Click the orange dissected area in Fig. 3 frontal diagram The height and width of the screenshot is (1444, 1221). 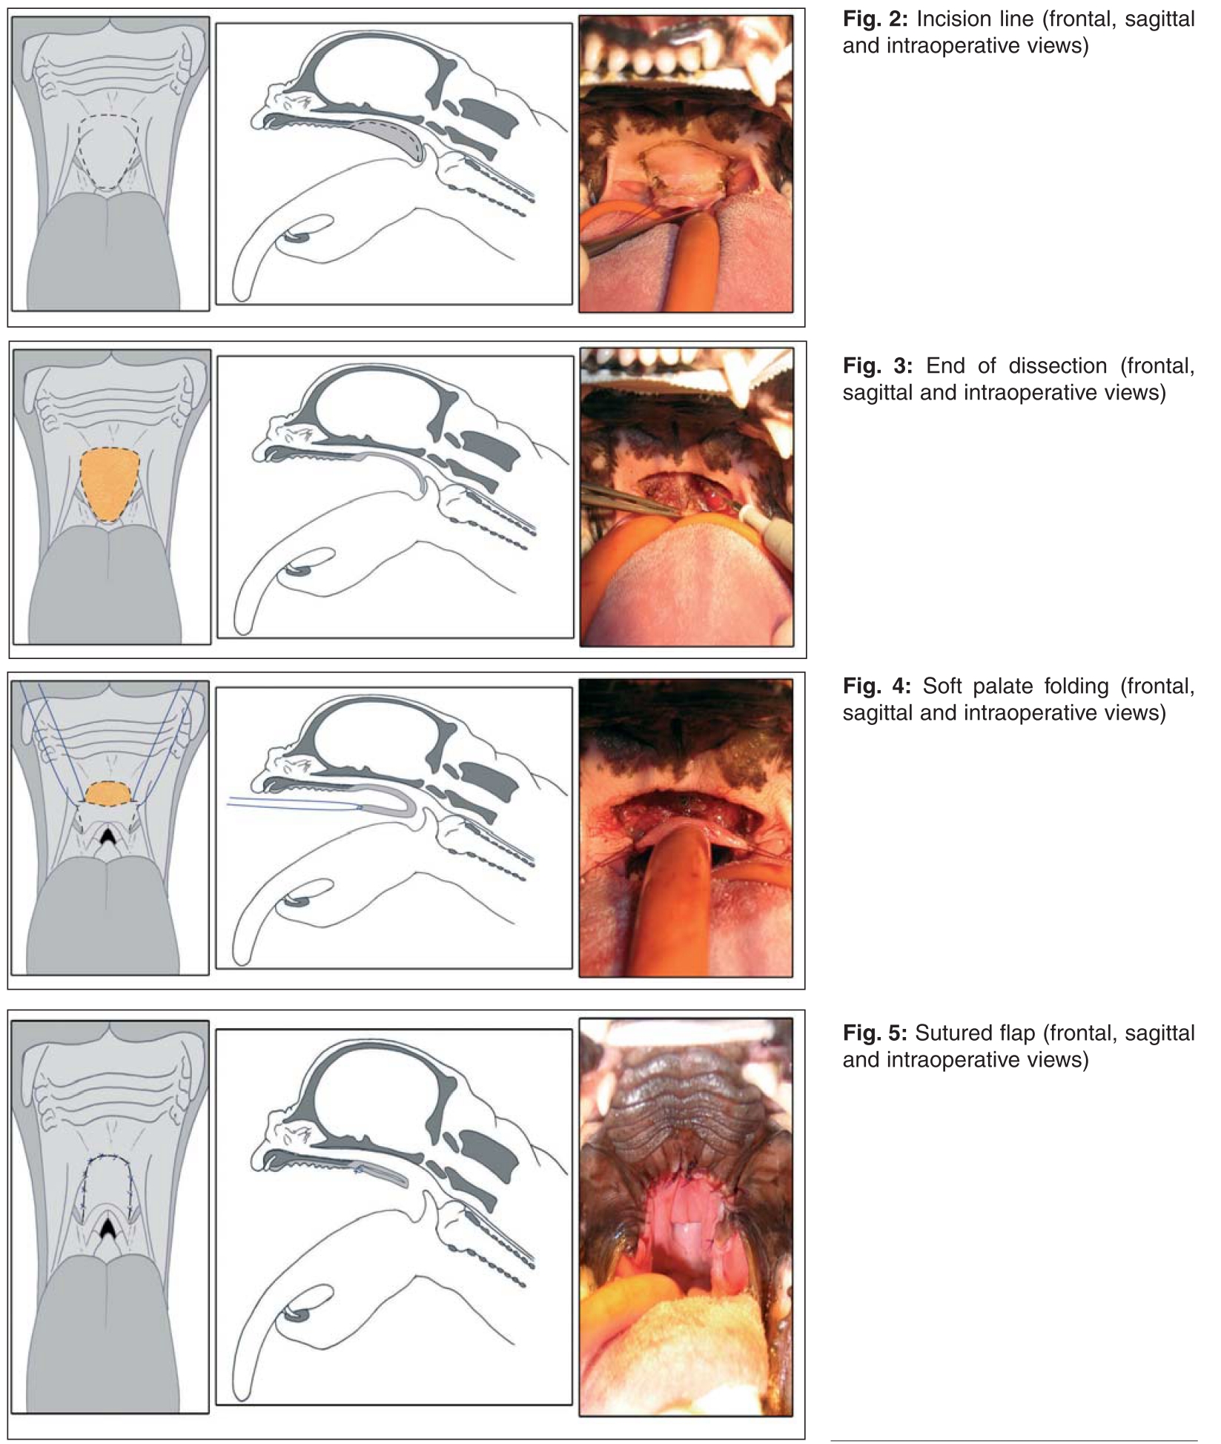pos(109,484)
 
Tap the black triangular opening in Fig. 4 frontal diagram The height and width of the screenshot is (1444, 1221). pos(108,837)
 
